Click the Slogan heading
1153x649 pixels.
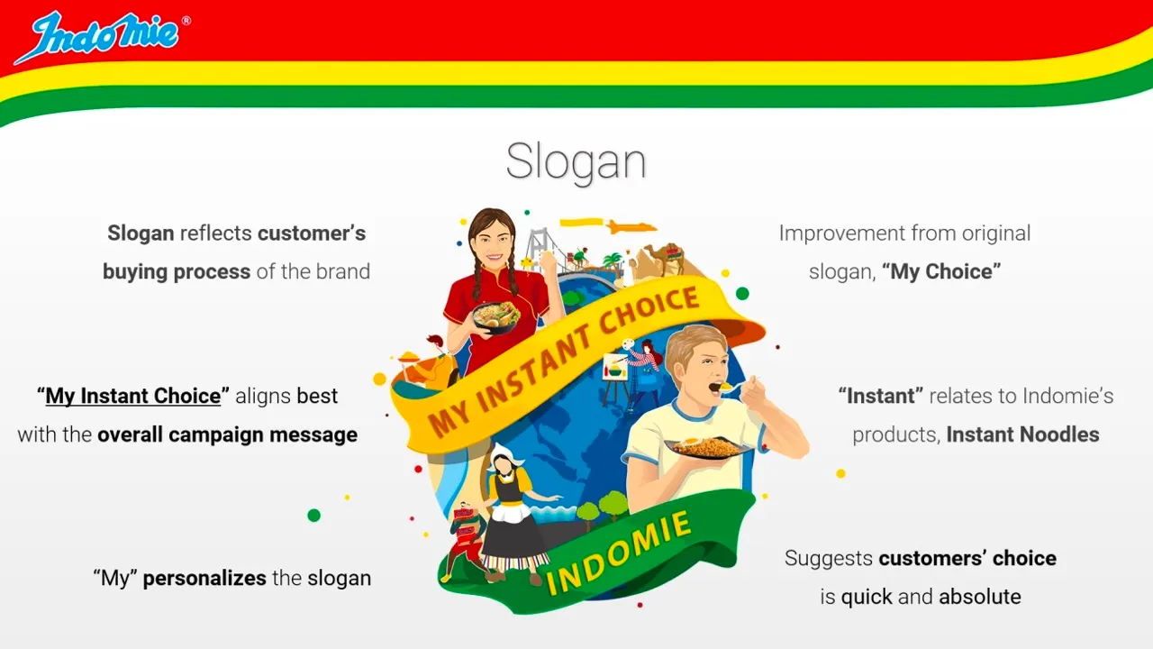coord(576,162)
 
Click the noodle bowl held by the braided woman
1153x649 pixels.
coord(495,316)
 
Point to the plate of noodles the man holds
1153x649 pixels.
coord(707,446)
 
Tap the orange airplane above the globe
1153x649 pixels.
coord(630,226)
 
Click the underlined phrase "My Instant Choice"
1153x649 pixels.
coord(133,396)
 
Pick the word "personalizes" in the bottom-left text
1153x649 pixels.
coord(204,578)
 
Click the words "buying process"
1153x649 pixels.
coord(177,271)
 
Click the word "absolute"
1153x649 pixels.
coord(980,597)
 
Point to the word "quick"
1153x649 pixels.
coord(867,597)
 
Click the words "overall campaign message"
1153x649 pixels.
coord(227,434)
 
